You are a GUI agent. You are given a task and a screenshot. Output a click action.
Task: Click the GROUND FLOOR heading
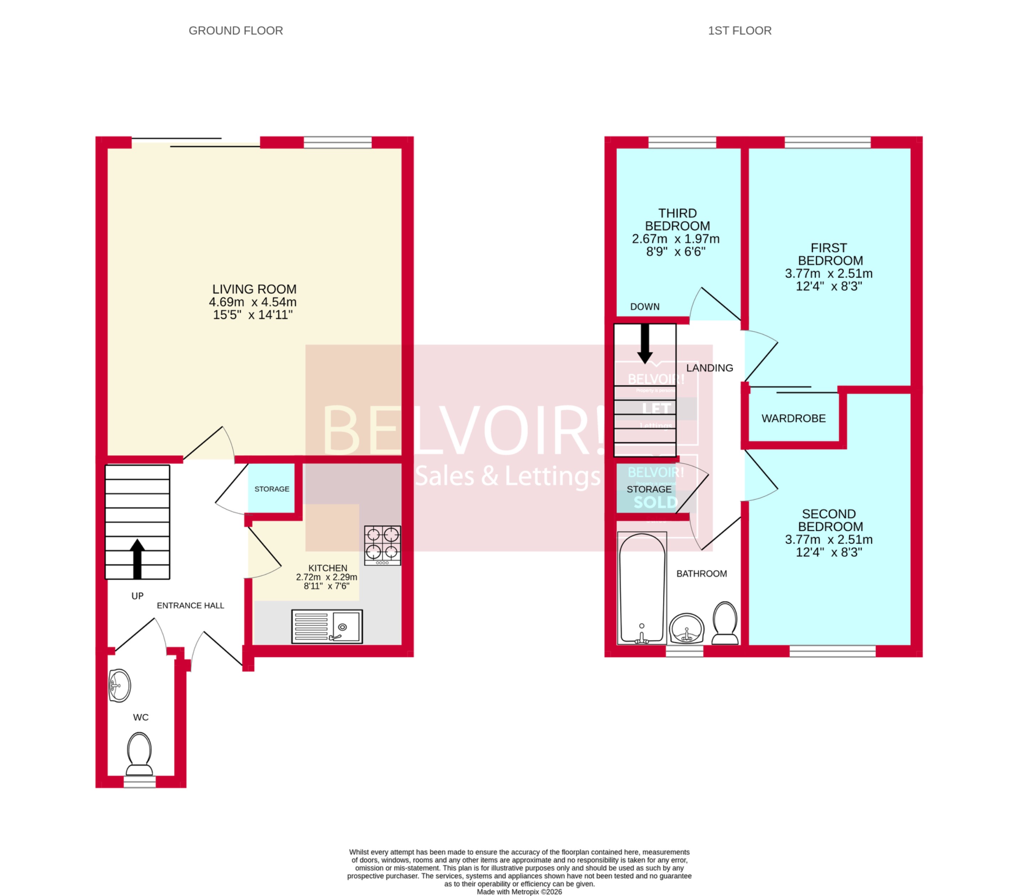pos(236,31)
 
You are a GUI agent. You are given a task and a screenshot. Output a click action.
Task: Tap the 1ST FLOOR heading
pos(739,31)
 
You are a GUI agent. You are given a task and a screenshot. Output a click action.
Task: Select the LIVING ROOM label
pos(254,289)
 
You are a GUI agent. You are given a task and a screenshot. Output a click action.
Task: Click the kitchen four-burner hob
pos(382,545)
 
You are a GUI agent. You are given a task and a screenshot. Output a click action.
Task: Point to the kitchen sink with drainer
pos(327,626)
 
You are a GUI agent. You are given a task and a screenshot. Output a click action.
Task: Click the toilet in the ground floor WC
pos(139,753)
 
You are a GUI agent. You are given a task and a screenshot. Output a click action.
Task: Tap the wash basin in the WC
pos(119,686)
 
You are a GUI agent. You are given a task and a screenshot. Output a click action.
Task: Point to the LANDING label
pos(709,368)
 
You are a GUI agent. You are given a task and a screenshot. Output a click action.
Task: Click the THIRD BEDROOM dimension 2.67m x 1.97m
pos(675,239)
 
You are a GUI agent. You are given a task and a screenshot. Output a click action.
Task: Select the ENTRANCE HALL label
pos(190,606)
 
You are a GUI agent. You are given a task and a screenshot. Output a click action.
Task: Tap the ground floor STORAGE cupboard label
pos(271,489)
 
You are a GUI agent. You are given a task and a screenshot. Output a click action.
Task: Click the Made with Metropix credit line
pos(519,891)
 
